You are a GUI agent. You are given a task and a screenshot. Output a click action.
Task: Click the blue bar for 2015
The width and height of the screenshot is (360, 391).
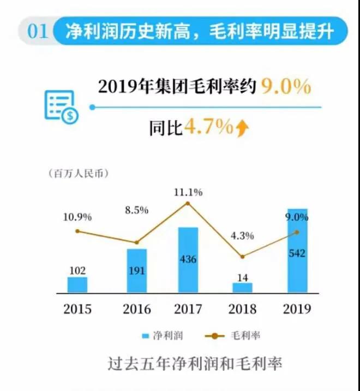click(x=77, y=285)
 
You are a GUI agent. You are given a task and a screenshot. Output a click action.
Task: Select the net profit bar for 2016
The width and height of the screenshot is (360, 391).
click(x=137, y=270)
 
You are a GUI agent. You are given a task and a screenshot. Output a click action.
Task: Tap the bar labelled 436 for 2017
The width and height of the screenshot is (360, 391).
click(x=188, y=260)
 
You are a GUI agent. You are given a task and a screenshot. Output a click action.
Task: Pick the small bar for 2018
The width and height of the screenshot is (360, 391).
click(x=243, y=287)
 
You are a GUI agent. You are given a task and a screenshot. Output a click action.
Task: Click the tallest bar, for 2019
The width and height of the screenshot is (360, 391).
click(x=297, y=250)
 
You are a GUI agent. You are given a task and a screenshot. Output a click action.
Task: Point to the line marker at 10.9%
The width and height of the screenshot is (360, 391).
click(x=77, y=231)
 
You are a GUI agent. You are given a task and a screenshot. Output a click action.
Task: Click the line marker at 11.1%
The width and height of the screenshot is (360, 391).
click(x=188, y=203)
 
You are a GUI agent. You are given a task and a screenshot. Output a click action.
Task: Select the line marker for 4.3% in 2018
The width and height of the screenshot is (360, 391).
click(x=243, y=256)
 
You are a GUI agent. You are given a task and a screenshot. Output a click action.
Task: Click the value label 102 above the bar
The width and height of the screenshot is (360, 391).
click(x=77, y=270)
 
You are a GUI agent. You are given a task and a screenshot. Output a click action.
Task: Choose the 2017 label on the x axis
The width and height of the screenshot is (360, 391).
click(x=188, y=309)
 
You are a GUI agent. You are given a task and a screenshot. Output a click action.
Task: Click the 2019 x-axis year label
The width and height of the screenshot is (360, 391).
click(x=297, y=309)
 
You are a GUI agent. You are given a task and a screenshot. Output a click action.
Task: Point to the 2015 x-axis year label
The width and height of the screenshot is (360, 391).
click(x=77, y=309)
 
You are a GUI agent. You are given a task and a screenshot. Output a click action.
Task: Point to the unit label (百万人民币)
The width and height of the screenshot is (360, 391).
click(x=76, y=174)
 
